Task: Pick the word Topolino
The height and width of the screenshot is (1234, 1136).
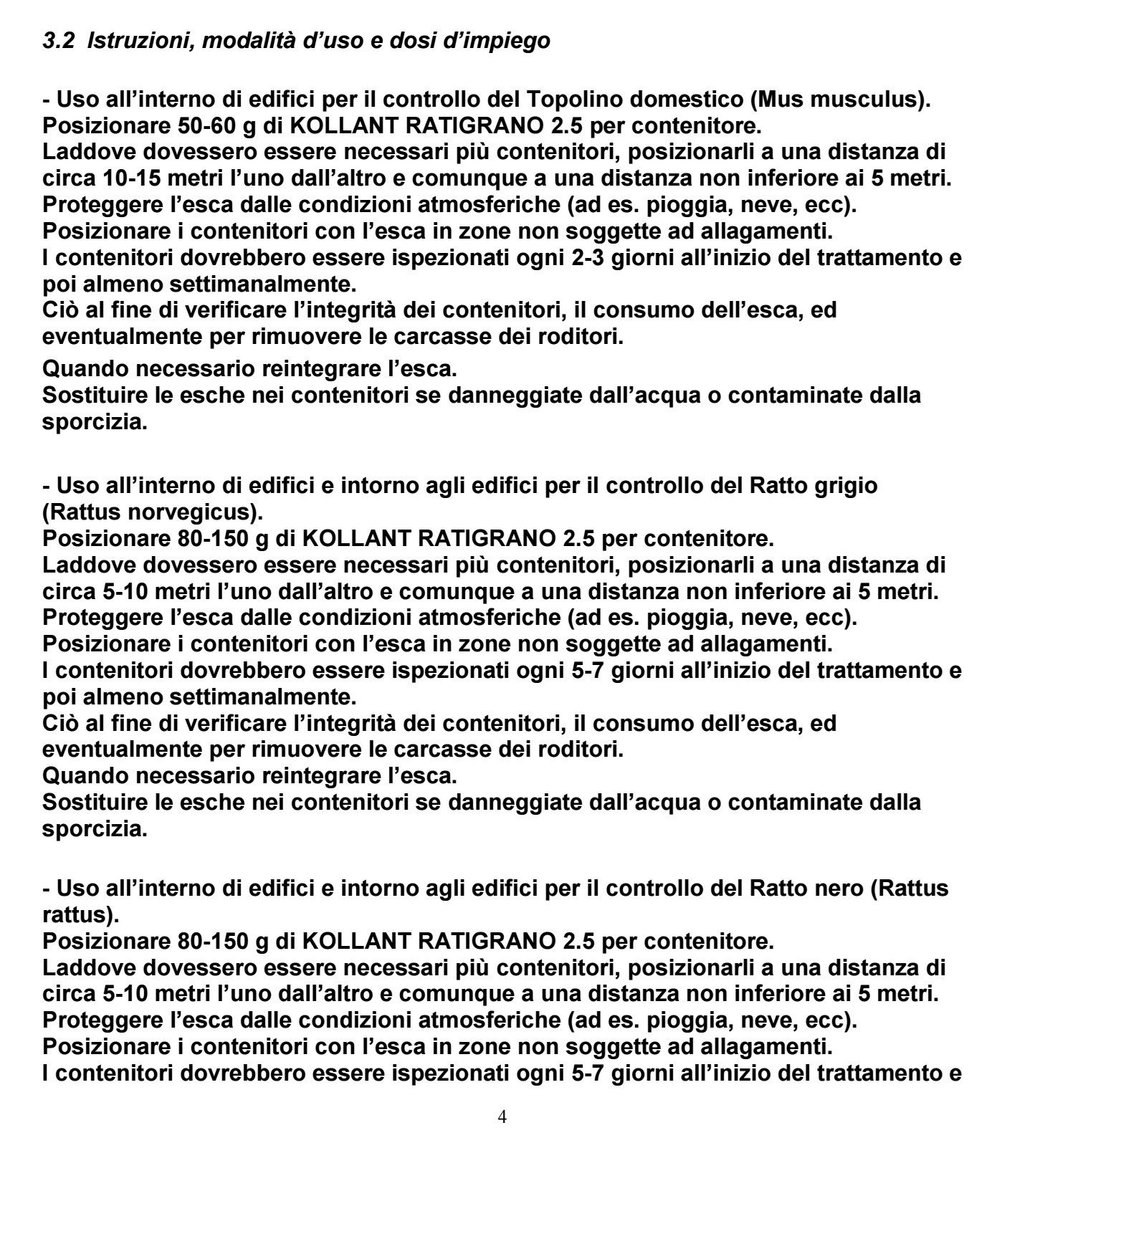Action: (576, 100)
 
